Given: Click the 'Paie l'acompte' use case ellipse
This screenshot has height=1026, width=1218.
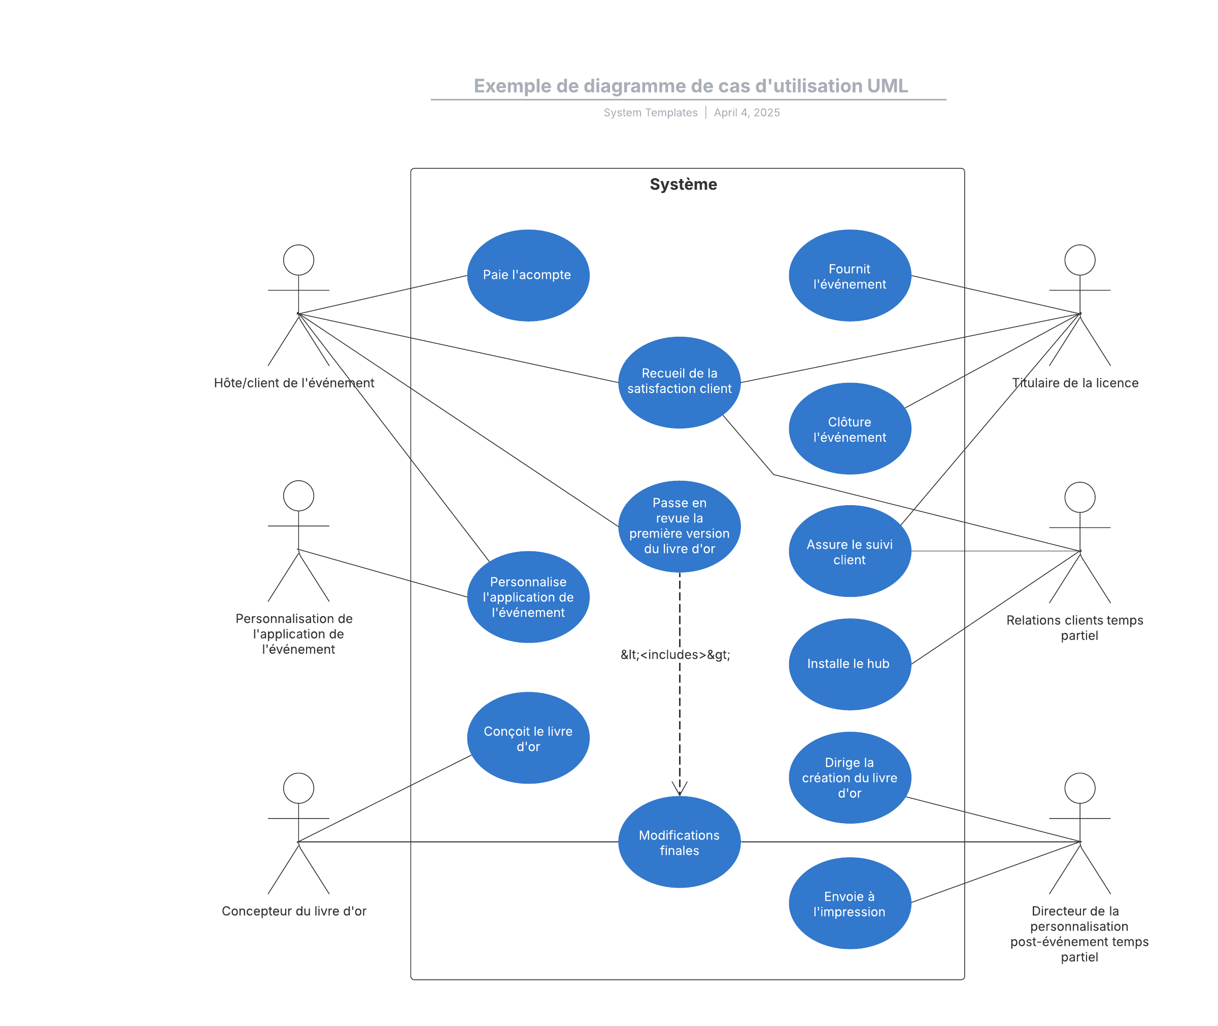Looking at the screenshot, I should [x=528, y=275].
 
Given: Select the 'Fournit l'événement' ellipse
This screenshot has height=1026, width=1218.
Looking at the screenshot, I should [x=849, y=276].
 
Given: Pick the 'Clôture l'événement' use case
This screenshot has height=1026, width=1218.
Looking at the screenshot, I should [x=849, y=429].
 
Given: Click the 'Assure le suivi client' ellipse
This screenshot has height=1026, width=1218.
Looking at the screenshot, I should [x=849, y=551].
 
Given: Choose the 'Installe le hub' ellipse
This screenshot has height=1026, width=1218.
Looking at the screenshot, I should [x=849, y=664].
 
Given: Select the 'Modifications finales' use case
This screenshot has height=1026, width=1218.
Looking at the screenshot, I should [x=679, y=842].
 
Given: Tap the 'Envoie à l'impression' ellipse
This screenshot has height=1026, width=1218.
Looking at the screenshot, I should [x=849, y=903].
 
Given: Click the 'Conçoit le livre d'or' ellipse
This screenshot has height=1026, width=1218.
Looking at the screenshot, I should [x=528, y=738].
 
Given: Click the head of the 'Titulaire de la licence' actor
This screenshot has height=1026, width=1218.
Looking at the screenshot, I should [x=1079, y=260].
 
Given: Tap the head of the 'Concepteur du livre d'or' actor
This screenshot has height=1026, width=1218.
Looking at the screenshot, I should [x=298, y=788].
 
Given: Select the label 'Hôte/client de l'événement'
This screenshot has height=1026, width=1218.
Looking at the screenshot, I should [x=294, y=383].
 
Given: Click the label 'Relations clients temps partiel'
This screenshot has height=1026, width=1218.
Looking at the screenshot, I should [x=1075, y=627].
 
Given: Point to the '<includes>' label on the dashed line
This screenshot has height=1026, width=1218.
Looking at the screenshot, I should [x=675, y=654].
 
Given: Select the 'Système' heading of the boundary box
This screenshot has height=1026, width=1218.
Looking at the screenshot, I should [x=683, y=185].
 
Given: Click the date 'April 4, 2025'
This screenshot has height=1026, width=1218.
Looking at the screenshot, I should [x=747, y=113].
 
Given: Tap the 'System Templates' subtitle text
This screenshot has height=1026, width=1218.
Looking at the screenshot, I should [x=650, y=113].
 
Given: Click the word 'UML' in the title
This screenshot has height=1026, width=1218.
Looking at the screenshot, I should [x=887, y=86].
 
